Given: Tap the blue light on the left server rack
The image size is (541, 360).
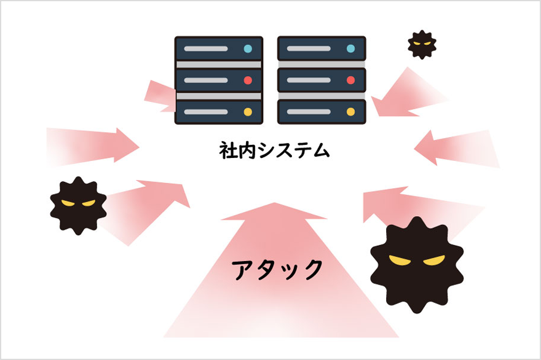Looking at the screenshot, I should [248, 48].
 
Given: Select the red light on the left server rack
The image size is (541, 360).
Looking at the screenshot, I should [248, 80].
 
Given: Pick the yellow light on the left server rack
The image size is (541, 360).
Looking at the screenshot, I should [248, 112].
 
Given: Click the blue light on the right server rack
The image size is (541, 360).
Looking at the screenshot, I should [350, 48].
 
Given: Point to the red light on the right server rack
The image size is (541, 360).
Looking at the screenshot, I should [350, 80].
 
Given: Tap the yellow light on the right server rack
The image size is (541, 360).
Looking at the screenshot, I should [350, 112].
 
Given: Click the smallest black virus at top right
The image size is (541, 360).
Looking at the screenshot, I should [422, 45].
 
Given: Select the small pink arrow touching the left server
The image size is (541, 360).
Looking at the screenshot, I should [159, 96].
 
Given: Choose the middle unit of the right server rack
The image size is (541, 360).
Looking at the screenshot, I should [322, 80].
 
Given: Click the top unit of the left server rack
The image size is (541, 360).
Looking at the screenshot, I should [219, 49].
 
